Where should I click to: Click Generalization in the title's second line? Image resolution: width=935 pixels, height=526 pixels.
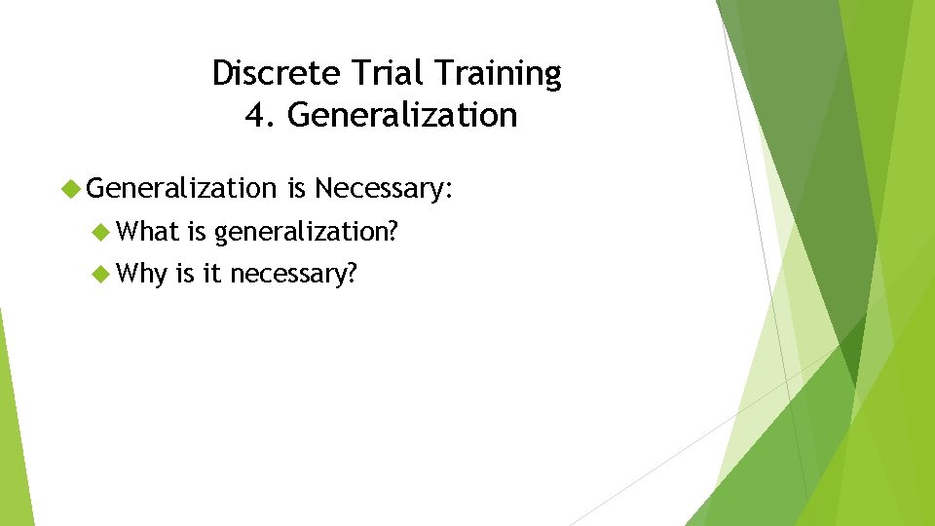coord(402,115)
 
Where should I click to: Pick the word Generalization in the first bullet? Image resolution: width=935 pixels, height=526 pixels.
coord(182,187)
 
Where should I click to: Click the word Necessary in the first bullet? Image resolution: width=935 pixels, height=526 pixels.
coord(381,188)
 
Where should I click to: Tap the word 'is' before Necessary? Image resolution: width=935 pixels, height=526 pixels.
coord(296,187)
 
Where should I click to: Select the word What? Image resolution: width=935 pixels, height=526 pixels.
coord(147,232)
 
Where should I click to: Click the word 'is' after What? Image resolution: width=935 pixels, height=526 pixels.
coord(196,232)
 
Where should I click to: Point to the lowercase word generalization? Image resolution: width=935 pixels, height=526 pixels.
coord(307,233)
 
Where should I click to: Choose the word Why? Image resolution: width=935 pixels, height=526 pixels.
coord(141,275)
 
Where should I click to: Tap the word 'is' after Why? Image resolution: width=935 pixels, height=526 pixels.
coord(185,275)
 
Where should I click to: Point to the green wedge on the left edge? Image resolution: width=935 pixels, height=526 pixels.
coord(13,438)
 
